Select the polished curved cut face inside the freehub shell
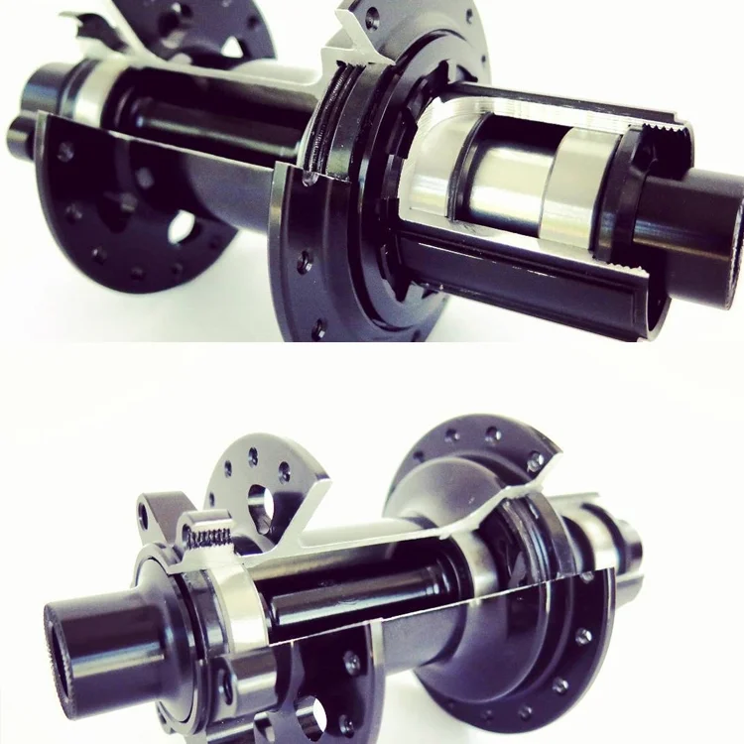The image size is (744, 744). coord(436,164)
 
